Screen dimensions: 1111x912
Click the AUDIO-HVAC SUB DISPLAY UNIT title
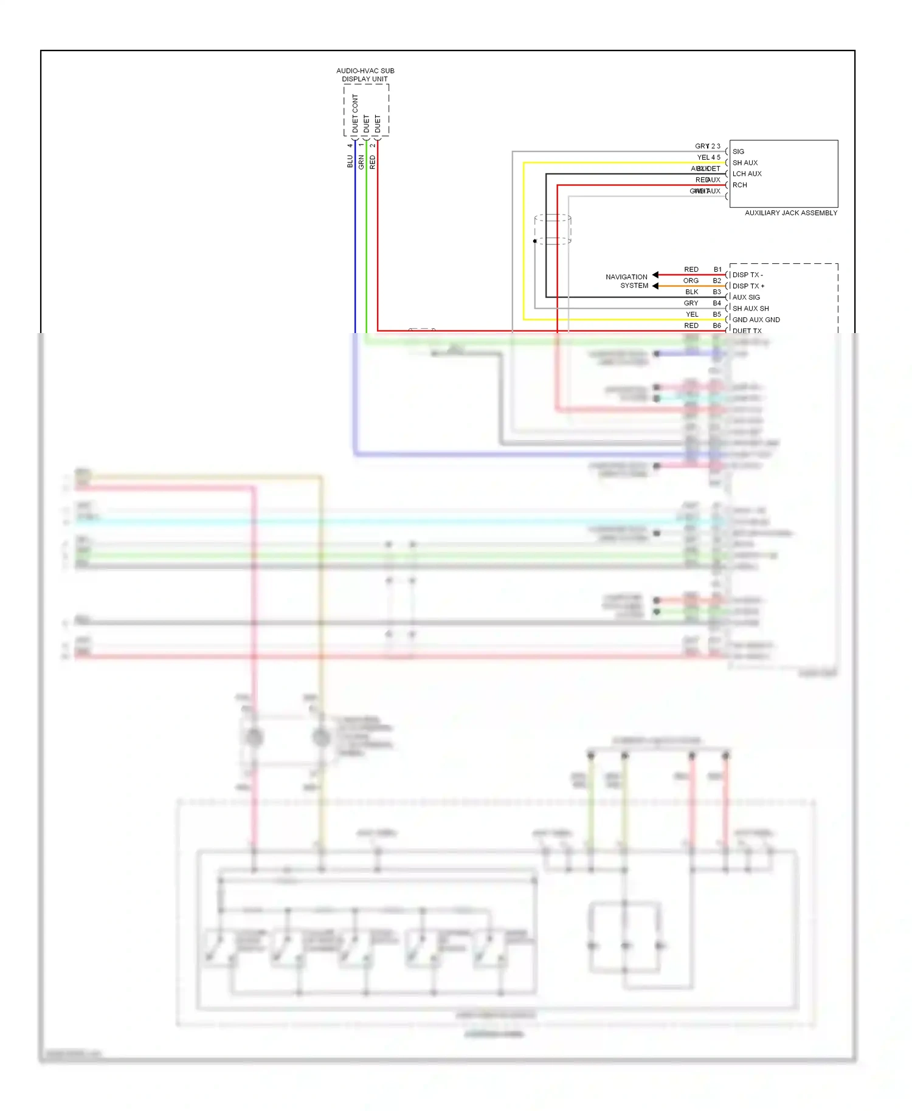[x=365, y=75]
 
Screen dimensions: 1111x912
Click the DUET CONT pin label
[x=355, y=114]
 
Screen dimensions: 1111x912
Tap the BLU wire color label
[x=350, y=162]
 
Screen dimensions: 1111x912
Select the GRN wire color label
[x=361, y=162]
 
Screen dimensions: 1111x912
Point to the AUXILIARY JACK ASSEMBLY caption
[x=790, y=213]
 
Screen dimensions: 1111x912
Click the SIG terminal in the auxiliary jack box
[x=738, y=151]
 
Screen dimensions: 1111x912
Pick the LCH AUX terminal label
[x=747, y=174]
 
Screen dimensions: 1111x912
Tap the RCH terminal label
[x=739, y=185]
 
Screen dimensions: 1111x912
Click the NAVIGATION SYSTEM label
[x=627, y=281]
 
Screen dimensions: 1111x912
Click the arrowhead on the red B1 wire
[x=655, y=275]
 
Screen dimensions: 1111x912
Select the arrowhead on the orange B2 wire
[x=655, y=286]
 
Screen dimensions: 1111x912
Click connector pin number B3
[x=717, y=292]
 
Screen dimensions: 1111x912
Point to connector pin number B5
[x=717, y=314]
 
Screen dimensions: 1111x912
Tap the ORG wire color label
[x=691, y=281]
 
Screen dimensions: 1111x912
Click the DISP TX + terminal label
[x=748, y=286]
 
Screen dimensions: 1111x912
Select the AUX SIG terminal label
[x=746, y=297]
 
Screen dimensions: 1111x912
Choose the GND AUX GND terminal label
[x=756, y=320]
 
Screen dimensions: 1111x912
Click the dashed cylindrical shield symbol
[x=553, y=229]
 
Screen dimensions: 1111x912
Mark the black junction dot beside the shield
[x=535, y=241]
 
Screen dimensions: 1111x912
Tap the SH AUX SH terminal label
[x=750, y=308]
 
